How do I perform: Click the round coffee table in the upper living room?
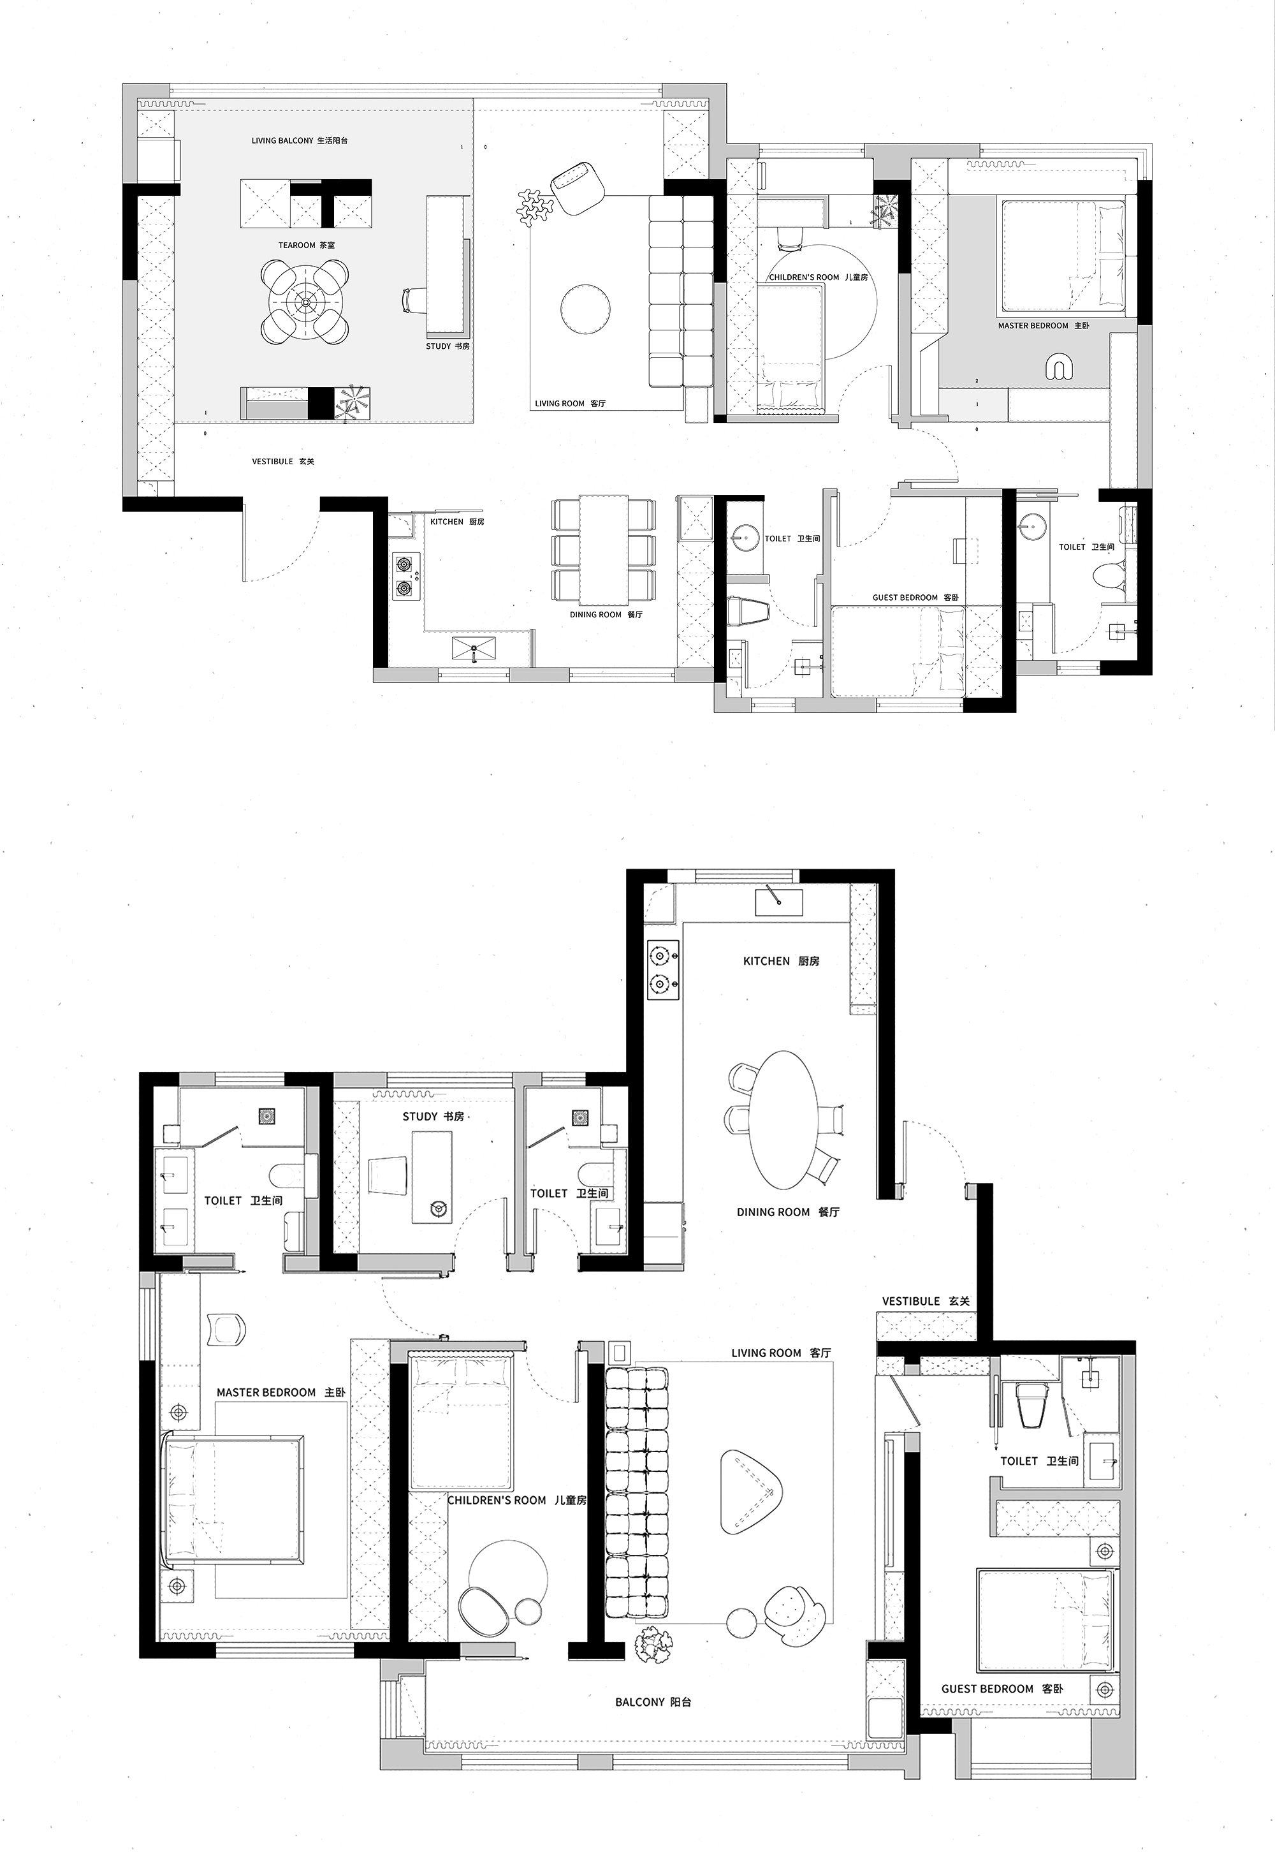(x=586, y=307)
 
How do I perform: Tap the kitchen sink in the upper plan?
(x=474, y=649)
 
